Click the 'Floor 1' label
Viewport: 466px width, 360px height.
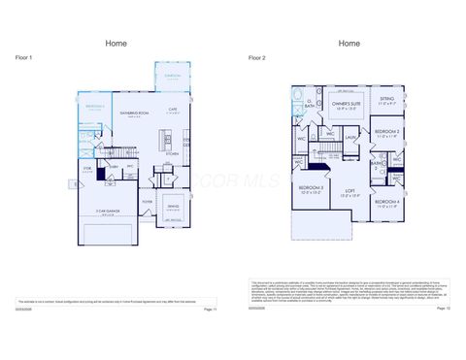point(24,58)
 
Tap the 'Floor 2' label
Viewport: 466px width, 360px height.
point(257,58)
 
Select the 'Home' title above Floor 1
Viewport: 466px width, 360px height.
point(116,43)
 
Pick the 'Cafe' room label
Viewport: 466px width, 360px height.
point(172,109)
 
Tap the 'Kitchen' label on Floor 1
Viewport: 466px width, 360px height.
point(171,153)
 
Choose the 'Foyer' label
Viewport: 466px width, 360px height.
point(148,202)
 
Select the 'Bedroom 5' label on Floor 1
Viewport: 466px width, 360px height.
point(94,106)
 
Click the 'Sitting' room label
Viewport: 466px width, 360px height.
point(387,98)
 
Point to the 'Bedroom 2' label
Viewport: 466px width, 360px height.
point(387,130)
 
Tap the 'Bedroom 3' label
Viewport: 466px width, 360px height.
point(311,186)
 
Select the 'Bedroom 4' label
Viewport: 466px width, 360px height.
point(386,201)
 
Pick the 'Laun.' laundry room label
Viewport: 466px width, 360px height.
point(350,137)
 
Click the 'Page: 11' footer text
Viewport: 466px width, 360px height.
point(210,309)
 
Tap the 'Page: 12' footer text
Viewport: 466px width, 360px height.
point(443,309)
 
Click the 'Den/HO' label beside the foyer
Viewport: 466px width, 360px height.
point(173,206)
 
